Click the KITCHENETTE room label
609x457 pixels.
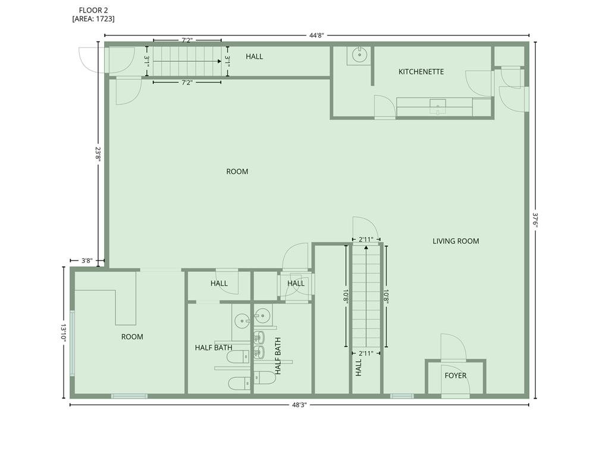(x=421, y=71)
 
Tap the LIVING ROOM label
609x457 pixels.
(x=456, y=241)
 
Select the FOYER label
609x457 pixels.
(x=456, y=375)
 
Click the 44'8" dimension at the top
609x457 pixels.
(x=316, y=35)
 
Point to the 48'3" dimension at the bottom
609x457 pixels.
(x=300, y=405)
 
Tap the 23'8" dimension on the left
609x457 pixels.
(x=98, y=154)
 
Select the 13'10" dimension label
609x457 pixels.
(x=64, y=333)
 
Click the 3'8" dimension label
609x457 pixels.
(x=87, y=261)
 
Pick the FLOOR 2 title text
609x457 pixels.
(x=93, y=11)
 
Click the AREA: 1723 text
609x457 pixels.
(x=93, y=18)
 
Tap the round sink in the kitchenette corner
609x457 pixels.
(x=360, y=55)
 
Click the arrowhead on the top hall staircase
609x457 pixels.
(x=219, y=61)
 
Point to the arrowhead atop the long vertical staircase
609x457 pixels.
(x=366, y=247)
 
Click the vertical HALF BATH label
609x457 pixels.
(x=278, y=356)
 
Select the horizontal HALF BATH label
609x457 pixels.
(x=214, y=348)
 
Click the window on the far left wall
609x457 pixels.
(x=72, y=343)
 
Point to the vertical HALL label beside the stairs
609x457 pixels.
(x=359, y=368)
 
